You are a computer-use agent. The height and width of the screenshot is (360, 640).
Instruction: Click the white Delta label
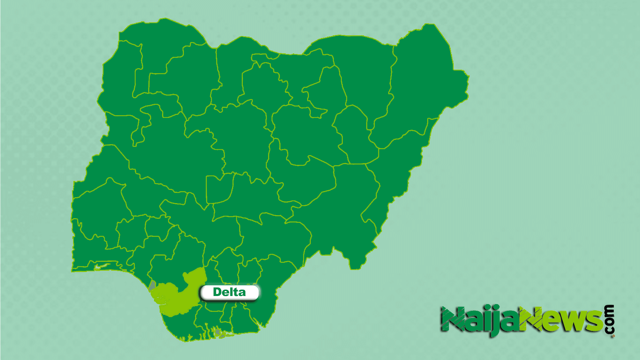click(229, 292)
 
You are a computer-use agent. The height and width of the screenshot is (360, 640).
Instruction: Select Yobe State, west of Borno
click(363, 73)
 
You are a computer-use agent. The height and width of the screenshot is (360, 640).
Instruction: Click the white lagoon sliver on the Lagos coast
click(102, 266)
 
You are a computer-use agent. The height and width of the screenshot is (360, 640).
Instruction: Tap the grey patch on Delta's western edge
click(152, 285)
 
